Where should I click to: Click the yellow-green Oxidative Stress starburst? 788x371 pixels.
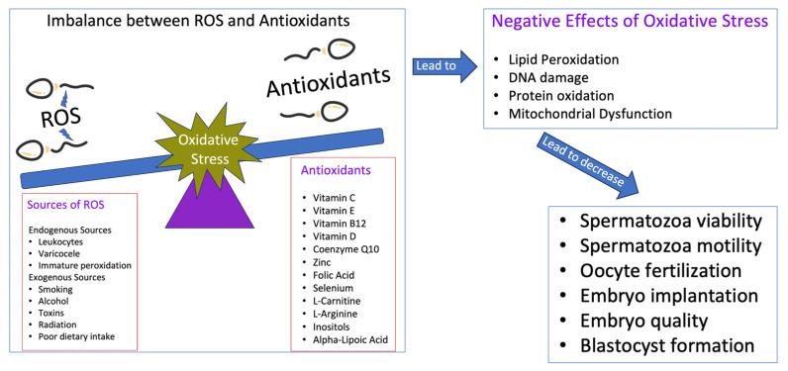coord(208,154)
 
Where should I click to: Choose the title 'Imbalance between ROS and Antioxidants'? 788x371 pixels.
coord(173,19)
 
